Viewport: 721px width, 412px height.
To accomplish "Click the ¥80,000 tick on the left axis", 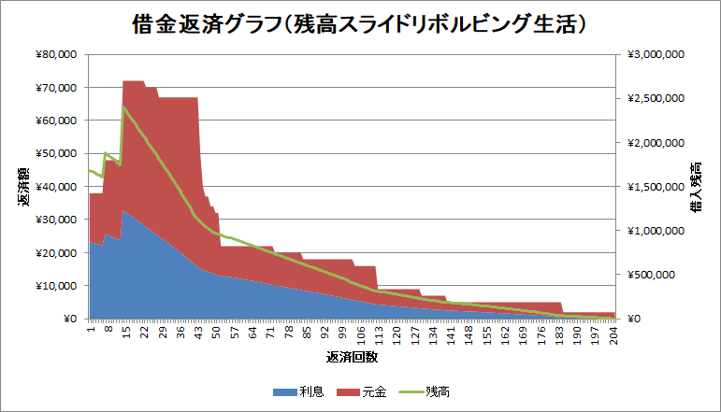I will point(58,55).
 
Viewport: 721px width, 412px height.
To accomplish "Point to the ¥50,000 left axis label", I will point(58,154).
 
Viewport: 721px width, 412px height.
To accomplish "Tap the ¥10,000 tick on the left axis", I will point(58,286).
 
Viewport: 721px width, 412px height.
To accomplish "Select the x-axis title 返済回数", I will point(352,357).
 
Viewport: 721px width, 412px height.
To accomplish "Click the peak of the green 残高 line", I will point(123,107).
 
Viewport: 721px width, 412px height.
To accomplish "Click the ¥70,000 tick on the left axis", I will point(58,88).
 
